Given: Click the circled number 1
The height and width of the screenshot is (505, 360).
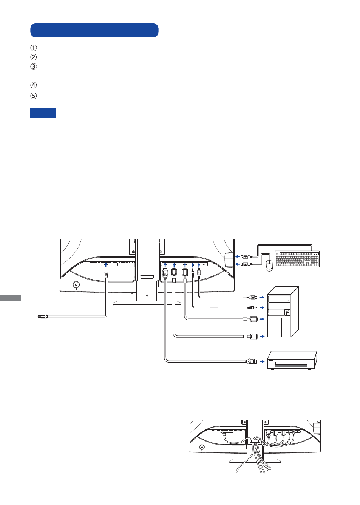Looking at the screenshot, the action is point(33,48).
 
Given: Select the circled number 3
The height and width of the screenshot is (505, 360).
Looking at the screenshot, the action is point(33,67).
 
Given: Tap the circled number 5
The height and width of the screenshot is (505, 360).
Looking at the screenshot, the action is point(33,96).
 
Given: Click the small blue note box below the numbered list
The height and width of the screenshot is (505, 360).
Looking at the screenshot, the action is point(43,113).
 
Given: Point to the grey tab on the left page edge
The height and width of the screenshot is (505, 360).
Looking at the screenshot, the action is point(10,298).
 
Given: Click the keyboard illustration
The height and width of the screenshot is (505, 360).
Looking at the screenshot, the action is point(297,259).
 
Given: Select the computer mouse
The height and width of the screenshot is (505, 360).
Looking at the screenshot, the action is point(269,266).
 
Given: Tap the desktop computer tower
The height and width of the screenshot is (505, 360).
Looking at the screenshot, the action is point(283,312).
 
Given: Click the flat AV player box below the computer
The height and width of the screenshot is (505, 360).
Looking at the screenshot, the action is point(292,360).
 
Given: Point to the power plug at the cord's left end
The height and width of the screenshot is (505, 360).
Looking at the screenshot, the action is point(42,316).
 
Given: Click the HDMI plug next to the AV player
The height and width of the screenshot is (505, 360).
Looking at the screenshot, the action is point(251,361).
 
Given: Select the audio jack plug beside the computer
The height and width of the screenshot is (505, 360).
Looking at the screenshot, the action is point(252,307).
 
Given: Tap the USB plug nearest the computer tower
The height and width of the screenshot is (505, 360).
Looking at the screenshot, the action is point(253,297).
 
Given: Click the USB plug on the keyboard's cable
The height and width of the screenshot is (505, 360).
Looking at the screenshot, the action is point(246,256).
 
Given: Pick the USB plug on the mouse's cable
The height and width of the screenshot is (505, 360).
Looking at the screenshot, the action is point(246,264).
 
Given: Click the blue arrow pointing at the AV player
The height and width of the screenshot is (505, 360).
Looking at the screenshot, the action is point(262,361).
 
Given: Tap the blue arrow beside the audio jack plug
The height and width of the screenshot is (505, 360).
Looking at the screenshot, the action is point(262,307).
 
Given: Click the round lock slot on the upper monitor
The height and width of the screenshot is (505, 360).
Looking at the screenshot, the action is point(76,284).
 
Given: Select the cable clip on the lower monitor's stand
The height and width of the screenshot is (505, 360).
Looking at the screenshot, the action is point(255,441).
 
